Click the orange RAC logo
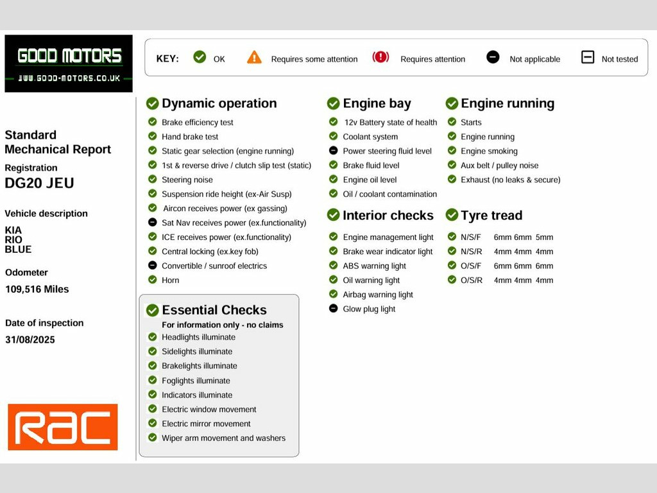pyautogui.click(x=63, y=427)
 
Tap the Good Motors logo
pyautogui.click(x=69, y=64)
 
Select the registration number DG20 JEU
pyautogui.click(x=39, y=183)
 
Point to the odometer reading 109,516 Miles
pyautogui.click(x=37, y=290)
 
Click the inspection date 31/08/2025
pyautogui.click(x=30, y=340)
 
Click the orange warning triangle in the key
pyautogui.click(x=254, y=57)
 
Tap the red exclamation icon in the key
pyautogui.click(x=380, y=56)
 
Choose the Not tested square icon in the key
pyautogui.click(x=588, y=57)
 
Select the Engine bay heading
pyautogui.click(x=377, y=103)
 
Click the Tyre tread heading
pyautogui.click(x=491, y=215)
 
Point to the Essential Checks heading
pyautogui.click(x=214, y=310)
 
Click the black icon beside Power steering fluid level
pyautogui.click(x=334, y=150)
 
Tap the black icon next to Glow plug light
pyautogui.click(x=334, y=309)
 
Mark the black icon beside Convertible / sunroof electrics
pyautogui.click(x=153, y=265)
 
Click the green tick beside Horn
pyautogui.click(x=153, y=280)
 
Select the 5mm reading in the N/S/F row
pyautogui.click(x=544, y=238)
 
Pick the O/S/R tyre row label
pyautogui.click(x=472, y=280)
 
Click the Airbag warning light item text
pyautogui.click(x=378, y=295)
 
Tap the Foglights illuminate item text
pyautogui.click(x=196, y=381)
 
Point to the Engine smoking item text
pyautogui.click(x=489, y=151)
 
